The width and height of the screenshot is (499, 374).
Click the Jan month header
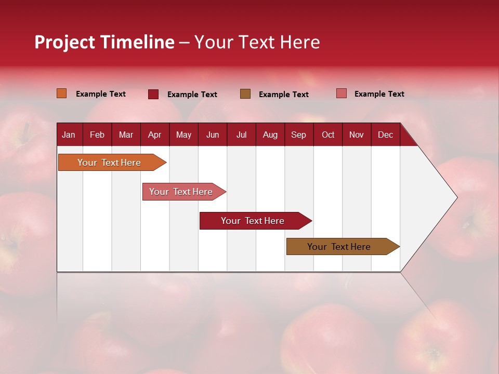coord(69,135)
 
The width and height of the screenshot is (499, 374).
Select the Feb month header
coord(97,135)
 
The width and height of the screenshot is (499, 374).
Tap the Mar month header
coord(126,135)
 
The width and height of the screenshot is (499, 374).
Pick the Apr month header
coord(154,135)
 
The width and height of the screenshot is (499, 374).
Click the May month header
coord(183,135)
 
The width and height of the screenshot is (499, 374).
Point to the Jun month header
coord(213,135)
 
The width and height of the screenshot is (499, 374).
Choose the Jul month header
coord(241,135)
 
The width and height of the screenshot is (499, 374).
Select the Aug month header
coord(270,135)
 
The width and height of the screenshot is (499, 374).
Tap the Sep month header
coord(298,135)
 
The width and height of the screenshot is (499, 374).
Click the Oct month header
coord(328,135)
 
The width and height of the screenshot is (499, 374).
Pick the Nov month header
coord(357,135)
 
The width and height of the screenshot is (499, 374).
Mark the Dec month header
coord(385,135)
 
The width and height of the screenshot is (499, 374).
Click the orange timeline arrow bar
coord(109,163)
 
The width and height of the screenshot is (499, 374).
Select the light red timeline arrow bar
coord(181,192)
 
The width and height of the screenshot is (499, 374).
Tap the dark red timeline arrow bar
coord(253,221)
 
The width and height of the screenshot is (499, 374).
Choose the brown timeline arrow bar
coord(339,247)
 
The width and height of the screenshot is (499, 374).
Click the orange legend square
coord(61,94)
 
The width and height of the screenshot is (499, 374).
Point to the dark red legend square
coord(153,94)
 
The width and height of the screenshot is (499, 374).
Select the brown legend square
coord(245,94)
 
